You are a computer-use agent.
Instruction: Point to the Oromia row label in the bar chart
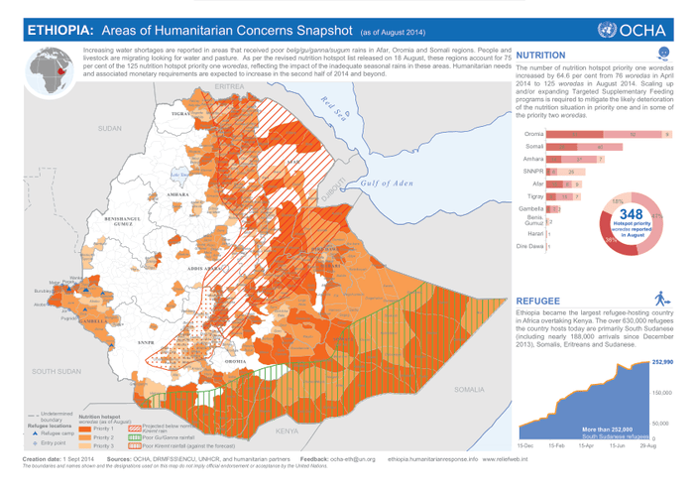pos(534,133)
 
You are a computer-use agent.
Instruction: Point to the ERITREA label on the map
pos(229,87)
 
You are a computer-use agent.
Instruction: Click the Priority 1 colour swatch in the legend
pos(86,427)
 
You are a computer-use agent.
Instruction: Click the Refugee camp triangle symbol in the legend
pos(35,433)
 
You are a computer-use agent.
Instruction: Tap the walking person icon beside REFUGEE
pos(662,299)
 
